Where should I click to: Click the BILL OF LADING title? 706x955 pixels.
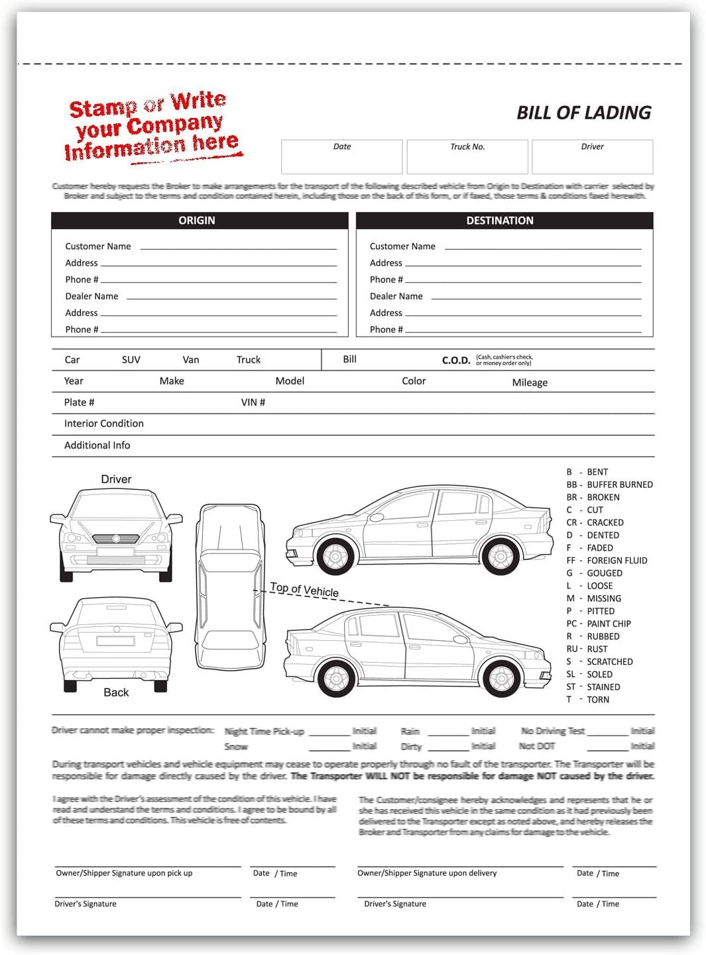pos(583,113)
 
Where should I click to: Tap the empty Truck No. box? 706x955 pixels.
pos(467,161)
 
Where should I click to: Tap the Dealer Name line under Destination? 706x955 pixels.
pos(536,296)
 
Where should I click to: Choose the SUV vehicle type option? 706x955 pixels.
pos(131,360)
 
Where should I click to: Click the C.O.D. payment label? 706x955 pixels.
pos(456,361)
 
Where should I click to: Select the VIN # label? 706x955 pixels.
pos(253,402)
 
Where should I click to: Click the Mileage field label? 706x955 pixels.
pos(530,382)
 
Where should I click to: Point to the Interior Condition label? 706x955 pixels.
pos(103,423)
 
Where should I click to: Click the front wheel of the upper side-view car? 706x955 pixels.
pos(336,555)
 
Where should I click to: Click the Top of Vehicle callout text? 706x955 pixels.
pos(304,589)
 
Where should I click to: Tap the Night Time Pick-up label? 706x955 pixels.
pos(264,732)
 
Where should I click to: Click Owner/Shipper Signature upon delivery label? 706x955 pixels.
pos(427,873)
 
